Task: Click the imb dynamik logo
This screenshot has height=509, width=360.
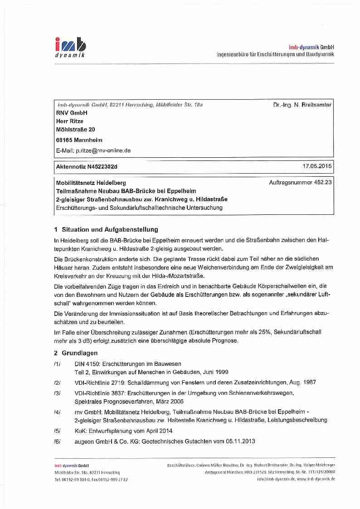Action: tap(70, 47)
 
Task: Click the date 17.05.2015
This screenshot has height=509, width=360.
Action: tap(317, 166)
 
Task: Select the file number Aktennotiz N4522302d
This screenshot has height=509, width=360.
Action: tap(87, 167)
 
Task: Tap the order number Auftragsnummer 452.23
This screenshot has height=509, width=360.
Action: tap(300, 182)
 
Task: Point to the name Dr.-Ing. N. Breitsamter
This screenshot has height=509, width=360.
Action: tap(302, 105)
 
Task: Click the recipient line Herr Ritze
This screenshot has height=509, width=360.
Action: tap(69, 121)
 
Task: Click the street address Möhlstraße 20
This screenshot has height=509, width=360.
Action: tap(75, 129)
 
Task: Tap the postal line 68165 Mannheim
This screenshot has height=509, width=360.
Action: tap(79, 140)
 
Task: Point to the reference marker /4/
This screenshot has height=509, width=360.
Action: tap(57, 412)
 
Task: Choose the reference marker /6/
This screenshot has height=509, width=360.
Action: tap(57, 441)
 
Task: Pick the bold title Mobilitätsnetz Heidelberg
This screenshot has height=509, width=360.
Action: tap(91, 183)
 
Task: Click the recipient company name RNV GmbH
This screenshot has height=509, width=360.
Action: tap(72, 113)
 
